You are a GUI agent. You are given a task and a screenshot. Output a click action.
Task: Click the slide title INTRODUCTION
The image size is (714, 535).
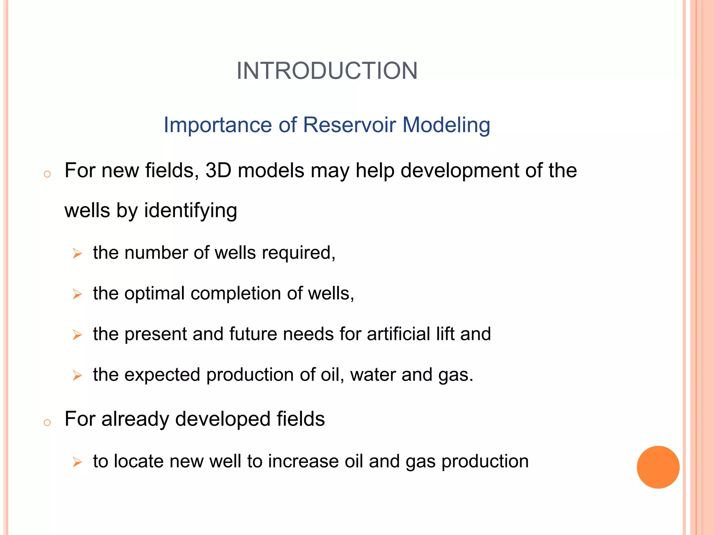(x=327, y=71)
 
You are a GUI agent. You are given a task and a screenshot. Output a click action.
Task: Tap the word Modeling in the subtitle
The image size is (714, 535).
(x=446, y=125)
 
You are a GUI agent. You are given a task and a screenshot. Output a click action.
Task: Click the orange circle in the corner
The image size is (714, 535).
(x=658, y=467)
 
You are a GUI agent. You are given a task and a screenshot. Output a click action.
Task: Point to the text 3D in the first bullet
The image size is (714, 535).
(x=218, y=171)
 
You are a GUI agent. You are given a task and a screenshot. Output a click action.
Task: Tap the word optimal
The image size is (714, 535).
(x=154, y=294)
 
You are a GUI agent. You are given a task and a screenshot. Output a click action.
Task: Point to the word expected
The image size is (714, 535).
(x=162, y=375)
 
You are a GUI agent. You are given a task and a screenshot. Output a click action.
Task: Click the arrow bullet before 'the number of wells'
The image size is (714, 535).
(x=77, y=254)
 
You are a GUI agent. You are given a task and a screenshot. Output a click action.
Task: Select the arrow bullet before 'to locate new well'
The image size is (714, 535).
(x=77, y=463)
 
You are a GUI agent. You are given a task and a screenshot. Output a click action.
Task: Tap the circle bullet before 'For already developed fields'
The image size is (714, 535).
(x=47, y=423)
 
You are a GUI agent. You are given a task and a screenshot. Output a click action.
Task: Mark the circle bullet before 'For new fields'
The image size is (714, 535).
(x=47, y=174)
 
